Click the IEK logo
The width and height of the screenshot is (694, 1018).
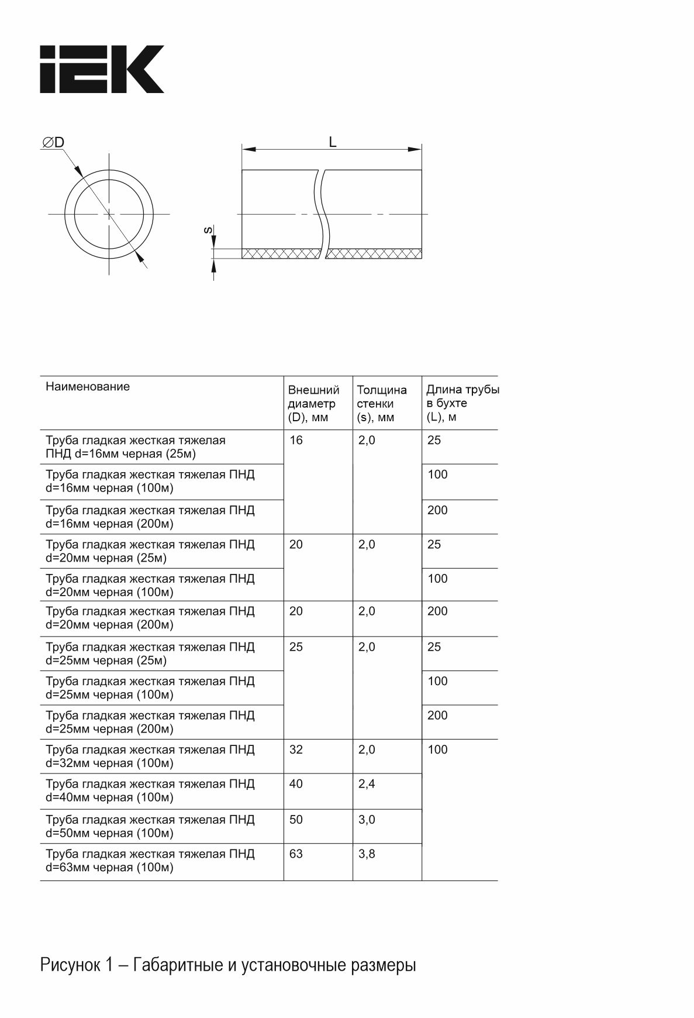[102, 69]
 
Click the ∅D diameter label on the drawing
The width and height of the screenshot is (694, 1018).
[53, 143]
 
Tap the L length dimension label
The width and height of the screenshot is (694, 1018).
[333, 142]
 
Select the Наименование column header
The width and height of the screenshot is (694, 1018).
[88, 386]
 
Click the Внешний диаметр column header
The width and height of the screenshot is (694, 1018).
[313, 403]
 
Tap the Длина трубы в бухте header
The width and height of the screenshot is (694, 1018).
[462, 403]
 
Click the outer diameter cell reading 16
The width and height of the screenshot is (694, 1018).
[296, 440]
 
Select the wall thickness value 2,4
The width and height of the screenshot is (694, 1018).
[367, 783]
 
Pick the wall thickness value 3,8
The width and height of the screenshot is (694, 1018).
[367, 854]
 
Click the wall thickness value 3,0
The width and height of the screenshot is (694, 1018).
[367, 819]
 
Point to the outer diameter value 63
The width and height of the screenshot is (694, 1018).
[296, 854]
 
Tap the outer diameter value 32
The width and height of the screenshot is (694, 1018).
[296, 749]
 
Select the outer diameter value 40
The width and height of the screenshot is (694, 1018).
[296, 783]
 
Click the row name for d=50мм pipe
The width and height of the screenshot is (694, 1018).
[150, 826]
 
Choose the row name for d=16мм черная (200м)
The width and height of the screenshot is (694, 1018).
[150, 517]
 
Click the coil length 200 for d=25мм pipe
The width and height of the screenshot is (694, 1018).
[437, 715]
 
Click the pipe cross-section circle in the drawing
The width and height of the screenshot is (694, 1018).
[109, 214]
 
